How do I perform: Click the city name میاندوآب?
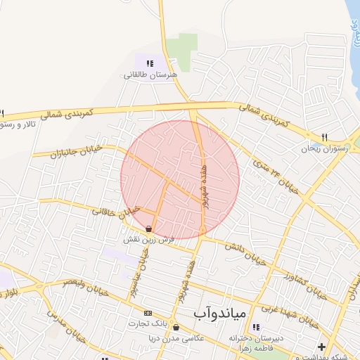click(219, 310)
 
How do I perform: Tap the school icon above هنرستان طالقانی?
click(150, 63)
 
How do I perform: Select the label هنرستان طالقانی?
click(151, 74)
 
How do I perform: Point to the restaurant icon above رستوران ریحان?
click(324, 137)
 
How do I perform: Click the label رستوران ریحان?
click(320, 148)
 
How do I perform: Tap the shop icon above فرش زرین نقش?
click(148, 229)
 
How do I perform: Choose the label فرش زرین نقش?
click(148, 240)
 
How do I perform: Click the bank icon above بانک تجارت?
click(148, 313)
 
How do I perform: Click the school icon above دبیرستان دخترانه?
click(256, 327)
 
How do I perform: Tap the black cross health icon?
click(322, 347)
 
